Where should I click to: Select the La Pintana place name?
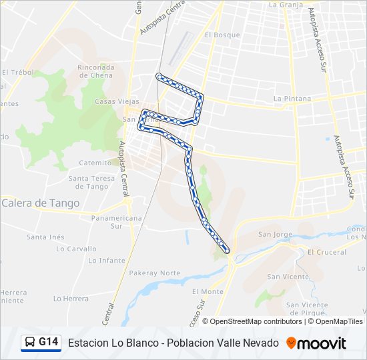click(x=292, y=99)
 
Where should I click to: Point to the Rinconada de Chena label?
click(x=96, y=71)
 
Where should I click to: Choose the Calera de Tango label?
click(x=41, y=203)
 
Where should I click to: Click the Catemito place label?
click(x=95, y=163)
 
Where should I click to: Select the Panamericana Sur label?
click(x=117, y=222)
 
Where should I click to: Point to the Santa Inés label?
click(x=45, y=237)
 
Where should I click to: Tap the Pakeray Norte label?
click(x=155, y=273)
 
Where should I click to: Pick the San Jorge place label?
click(x=275, y=234)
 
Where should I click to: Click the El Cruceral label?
click(x=327, y=252)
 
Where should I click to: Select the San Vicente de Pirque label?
click(x=307, y=308)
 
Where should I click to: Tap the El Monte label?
click(x=208, y=291)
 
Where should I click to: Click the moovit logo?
click(x=316, y=343)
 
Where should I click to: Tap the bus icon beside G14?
click(x=30, y=343)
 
